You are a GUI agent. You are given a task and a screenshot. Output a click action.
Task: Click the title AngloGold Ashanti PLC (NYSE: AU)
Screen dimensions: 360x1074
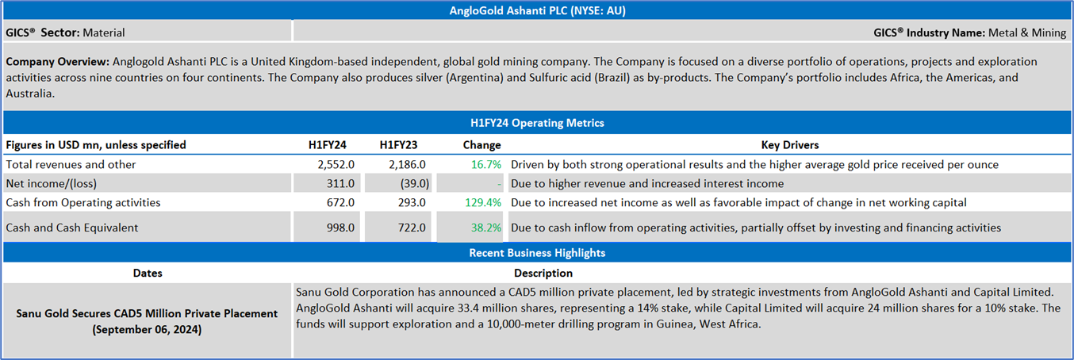pyautogui.click(x=536, y=10)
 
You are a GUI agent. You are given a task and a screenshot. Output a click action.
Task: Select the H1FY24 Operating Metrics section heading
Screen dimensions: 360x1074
pyautogui.click(x=536, y=123)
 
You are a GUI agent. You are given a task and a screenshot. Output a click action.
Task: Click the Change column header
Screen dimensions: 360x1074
pyautogui.click(x=481, y=145)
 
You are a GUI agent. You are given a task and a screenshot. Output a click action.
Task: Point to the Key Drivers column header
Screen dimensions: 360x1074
pyautogui.click(x=789, y=145)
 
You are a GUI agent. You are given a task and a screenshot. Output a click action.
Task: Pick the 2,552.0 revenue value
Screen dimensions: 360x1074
pyautogui.click(x=336, y=164)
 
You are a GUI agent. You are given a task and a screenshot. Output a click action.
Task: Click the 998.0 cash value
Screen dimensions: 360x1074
pyautogui.click(x=339, y=228)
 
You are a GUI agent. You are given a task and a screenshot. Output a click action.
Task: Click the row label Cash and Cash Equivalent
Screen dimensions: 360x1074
pyautogui.click(x=71, y=228)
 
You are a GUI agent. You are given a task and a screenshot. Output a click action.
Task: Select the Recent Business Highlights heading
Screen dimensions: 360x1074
pyautogui.click(x=536, y=253)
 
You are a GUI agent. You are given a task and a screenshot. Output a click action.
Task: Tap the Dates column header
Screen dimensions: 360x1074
pyautogui.click(x=148, y=273)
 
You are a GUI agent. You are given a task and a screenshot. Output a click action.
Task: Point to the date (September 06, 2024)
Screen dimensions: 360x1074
pyautogui.click(x=148, y=329)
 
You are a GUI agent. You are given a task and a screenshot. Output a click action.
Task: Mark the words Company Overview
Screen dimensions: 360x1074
pyautogui.click(x=57, y=61)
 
